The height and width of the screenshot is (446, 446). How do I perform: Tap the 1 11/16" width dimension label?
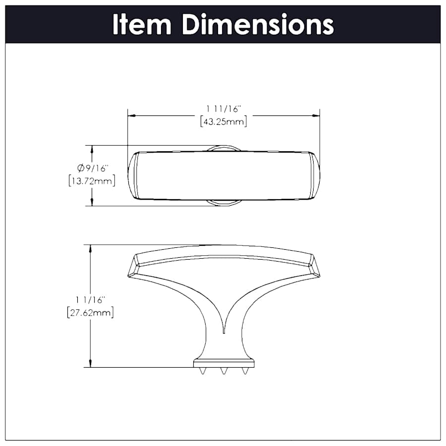pyautogui.click(x=223, y=108)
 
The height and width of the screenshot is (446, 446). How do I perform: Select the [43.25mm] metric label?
pyautogui.click(x=223, y=121)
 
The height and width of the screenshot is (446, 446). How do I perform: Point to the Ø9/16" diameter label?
pyautogui.click(x=92, y=168)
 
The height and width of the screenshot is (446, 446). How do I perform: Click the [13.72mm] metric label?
pyautogui.click(x=92, y=181)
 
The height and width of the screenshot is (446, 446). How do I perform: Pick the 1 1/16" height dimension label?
pyautogui.click(x=90, y=300)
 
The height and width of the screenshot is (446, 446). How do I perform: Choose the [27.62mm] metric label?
pyautogui.click(x=90, y=313)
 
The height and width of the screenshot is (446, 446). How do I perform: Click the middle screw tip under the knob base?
pyautogui.click(x=223, y=372)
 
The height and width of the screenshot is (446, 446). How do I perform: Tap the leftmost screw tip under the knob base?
pyautogui.click(x=202, y=372)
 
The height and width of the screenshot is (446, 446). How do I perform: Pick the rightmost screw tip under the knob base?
pyautogui.click(x=245, y=372)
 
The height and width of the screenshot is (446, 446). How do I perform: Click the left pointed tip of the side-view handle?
pyautogui.click(x=129, y=276)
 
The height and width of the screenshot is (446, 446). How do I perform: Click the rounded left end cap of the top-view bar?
pyautogui.click(x=132, y=175)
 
